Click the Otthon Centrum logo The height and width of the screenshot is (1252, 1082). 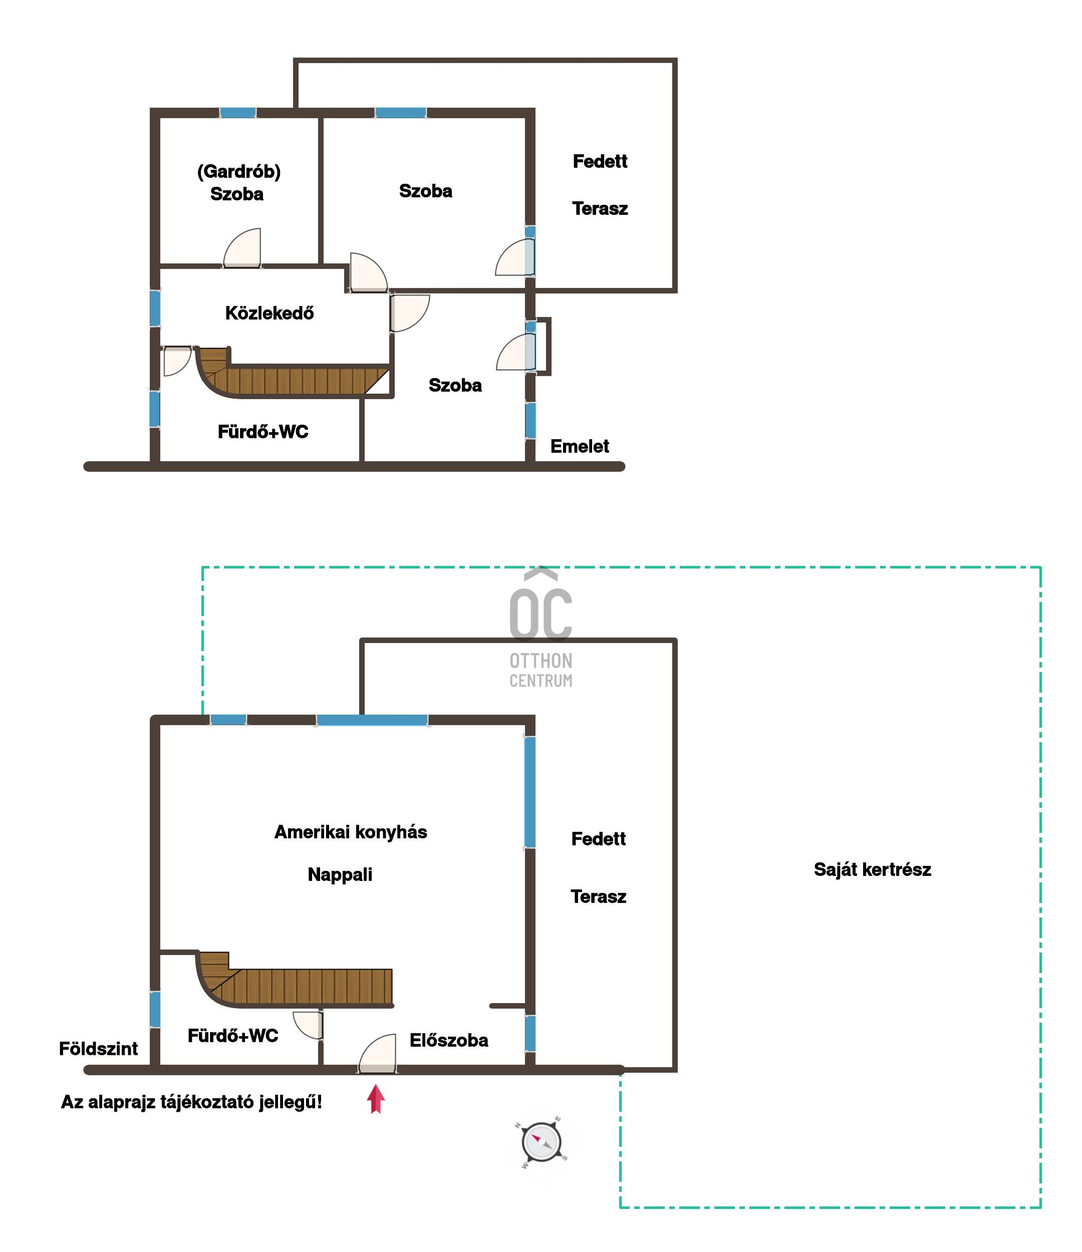tap(540, 628)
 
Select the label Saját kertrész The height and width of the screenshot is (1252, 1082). tap(872, 869)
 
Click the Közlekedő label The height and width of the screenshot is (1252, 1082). tap(269, 313)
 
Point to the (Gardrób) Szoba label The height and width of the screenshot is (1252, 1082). tap(239, 182)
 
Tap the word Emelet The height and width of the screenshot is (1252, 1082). tap(579, 447)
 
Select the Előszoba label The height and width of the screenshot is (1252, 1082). tap(448, 1040)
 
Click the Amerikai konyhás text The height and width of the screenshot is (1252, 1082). tap(351, 832)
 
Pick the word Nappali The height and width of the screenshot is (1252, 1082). tap(340, 874)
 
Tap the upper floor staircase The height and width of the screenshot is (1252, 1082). tap(293, 372)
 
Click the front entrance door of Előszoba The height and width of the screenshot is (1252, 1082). tap(378, 1054)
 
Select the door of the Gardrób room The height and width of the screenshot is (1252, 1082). tap(242, 248)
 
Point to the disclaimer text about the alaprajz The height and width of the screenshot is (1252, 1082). tap(192, 1102)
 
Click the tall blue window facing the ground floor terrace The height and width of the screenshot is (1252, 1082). tap(530, 792)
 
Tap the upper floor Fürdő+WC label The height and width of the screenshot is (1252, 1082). tap(263, 431)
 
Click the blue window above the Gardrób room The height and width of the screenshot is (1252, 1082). tap(237, 112)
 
